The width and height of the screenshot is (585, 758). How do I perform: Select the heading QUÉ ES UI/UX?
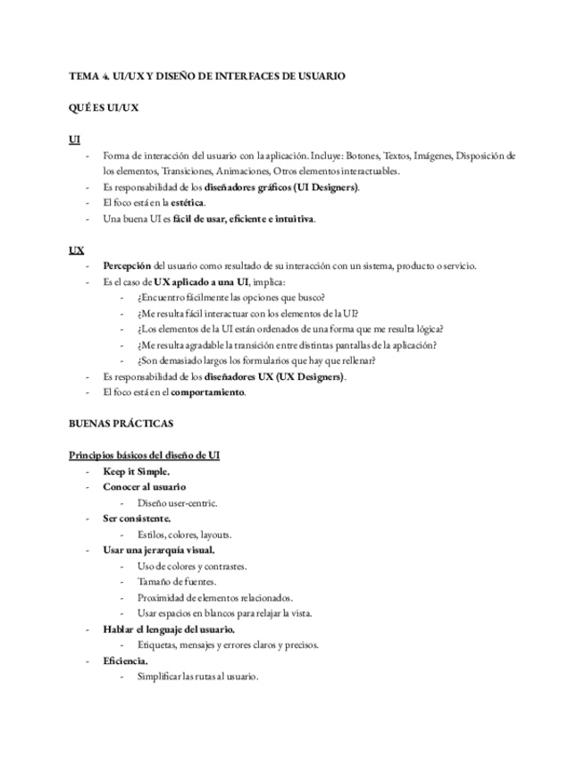(103, 108)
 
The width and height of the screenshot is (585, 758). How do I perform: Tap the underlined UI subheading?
(74, 139)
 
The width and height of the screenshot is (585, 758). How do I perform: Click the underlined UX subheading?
(76, 250)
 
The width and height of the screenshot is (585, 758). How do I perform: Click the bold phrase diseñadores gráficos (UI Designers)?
(281, 187)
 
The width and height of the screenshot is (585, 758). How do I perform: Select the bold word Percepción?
(127, 265)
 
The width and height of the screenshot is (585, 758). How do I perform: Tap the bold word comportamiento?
(208, 392)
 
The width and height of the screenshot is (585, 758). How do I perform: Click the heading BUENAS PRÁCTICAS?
(121, 423)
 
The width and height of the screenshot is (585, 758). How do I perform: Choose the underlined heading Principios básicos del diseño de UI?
(145, 455)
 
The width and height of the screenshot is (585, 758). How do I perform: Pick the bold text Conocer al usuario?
(145, 487)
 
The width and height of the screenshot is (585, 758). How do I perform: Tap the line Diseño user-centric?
(177, 503)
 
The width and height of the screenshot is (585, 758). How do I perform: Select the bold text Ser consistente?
(137, 518)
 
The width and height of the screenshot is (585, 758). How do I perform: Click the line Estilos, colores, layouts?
(185, 535)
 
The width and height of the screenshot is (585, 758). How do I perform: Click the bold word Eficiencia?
(126, 661)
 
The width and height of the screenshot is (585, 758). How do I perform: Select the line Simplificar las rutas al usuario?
(197, 677)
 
